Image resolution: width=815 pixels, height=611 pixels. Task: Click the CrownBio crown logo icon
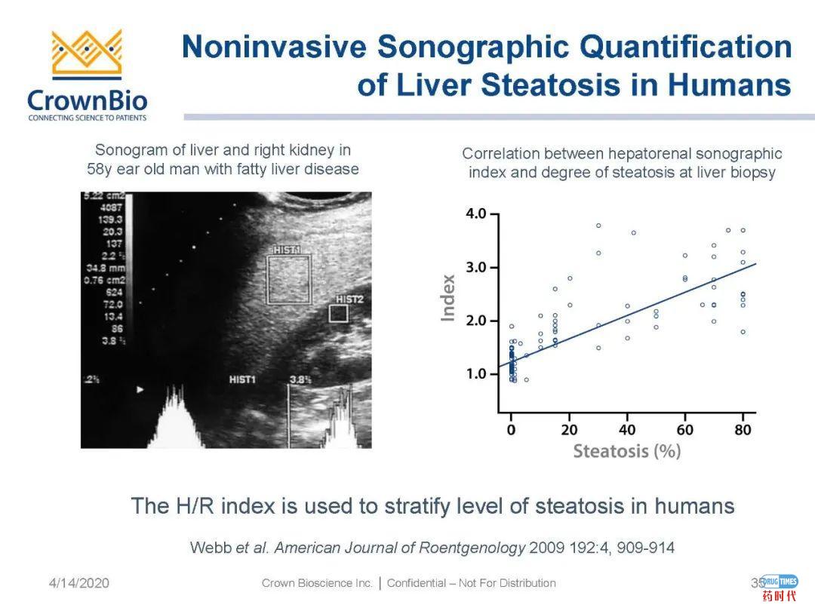tap(87, 54)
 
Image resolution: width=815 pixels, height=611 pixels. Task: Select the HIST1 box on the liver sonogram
tap(288, 278)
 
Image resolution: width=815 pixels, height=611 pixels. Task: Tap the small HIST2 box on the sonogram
tap(338, 313)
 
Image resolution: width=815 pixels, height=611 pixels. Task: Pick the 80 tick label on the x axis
tap(743, 430)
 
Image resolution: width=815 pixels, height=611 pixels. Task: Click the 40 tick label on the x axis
tap(627, 430)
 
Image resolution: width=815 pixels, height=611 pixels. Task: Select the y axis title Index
tap(448, 297)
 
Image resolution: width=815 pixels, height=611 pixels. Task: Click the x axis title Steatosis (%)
tap(627, 451)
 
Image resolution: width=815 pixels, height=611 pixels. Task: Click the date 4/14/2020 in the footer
tap(79, 583)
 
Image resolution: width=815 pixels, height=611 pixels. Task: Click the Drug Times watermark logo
tap(779, 587)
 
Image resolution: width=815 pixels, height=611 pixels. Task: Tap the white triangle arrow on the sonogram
tap(139, 389)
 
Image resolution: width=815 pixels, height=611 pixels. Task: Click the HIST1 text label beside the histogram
tap(242, 379)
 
